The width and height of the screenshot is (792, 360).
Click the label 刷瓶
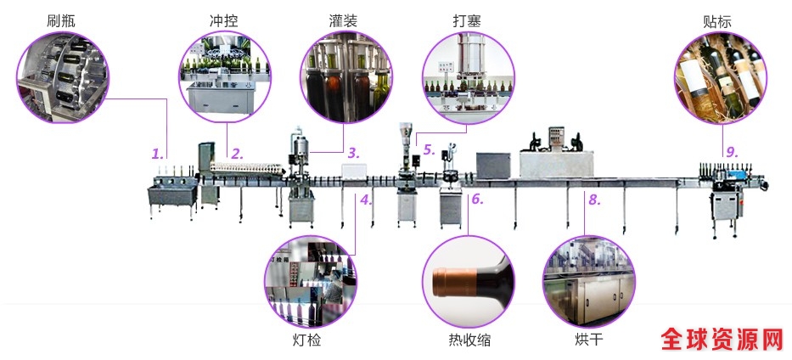tap(61, 20)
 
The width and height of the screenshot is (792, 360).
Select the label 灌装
tap(343, 20)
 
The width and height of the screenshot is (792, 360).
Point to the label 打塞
tap(468, 20)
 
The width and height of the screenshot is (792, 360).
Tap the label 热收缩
tap(469, 340)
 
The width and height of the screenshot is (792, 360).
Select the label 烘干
tap(588, 340)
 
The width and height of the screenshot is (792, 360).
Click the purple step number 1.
tap(157, 155)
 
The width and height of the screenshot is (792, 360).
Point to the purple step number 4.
tap(365, 200)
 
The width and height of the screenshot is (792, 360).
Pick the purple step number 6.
tap(476, 200)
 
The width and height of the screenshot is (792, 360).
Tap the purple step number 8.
tap(593, 200)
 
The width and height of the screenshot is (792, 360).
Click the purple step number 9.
tap(730, 153)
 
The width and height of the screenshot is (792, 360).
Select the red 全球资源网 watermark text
tap(722, 340)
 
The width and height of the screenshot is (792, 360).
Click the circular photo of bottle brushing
tap(62, 77)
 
